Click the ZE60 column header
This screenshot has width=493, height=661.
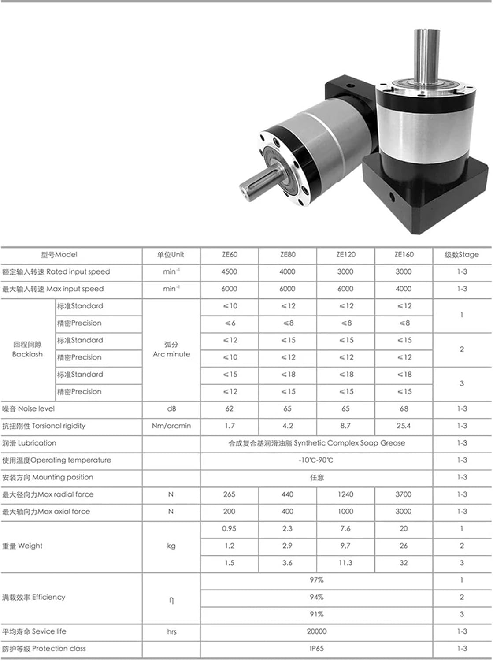point(230,255)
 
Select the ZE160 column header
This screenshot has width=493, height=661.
point(404,255)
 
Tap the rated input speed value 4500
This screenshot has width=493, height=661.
point(229,272)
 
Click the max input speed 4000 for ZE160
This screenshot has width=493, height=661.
point(404,289)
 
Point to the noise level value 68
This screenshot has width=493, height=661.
point(404,409)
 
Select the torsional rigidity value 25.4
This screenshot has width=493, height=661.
point(404,426)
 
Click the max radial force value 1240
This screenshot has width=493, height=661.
point(345,494)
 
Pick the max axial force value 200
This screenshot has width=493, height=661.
point(229,512)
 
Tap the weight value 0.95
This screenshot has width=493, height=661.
point(229,529)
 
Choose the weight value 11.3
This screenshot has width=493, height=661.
point(345,563)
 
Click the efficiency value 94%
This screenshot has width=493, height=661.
point(316,598)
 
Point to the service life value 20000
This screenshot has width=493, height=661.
point(316,632)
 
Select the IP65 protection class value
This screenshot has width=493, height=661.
point(316,649)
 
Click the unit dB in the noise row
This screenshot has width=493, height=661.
point(171,409)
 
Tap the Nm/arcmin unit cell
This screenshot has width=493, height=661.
point(171,426)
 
